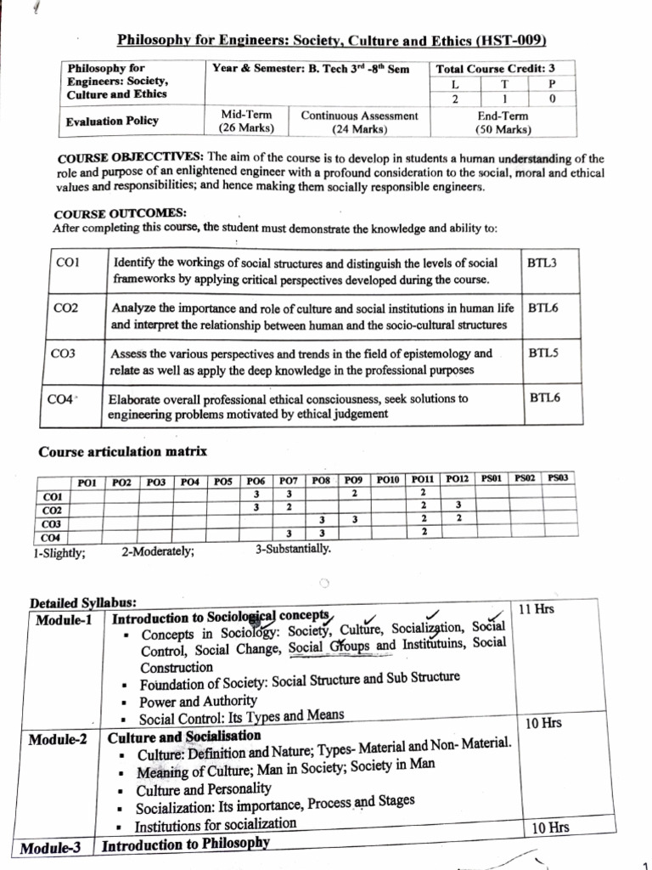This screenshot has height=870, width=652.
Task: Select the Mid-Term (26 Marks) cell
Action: pos(245,121)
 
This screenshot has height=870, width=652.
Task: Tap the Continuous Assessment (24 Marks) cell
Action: pos(359,121)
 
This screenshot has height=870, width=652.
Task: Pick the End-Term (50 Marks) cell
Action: pos(503,122)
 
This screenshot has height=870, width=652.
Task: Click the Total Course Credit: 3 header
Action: pos(496,69)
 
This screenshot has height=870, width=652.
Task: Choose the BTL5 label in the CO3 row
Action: pos(542,353)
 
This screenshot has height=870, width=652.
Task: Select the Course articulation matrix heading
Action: pos(123,451)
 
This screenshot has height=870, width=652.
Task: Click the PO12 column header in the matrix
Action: pos(458,480)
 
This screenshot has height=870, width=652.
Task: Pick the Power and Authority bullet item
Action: pos(197,701)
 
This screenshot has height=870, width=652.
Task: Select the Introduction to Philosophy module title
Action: pos(185,844)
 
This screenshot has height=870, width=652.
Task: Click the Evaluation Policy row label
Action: pos(112,121)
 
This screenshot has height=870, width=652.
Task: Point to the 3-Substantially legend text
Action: pos(293,548)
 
